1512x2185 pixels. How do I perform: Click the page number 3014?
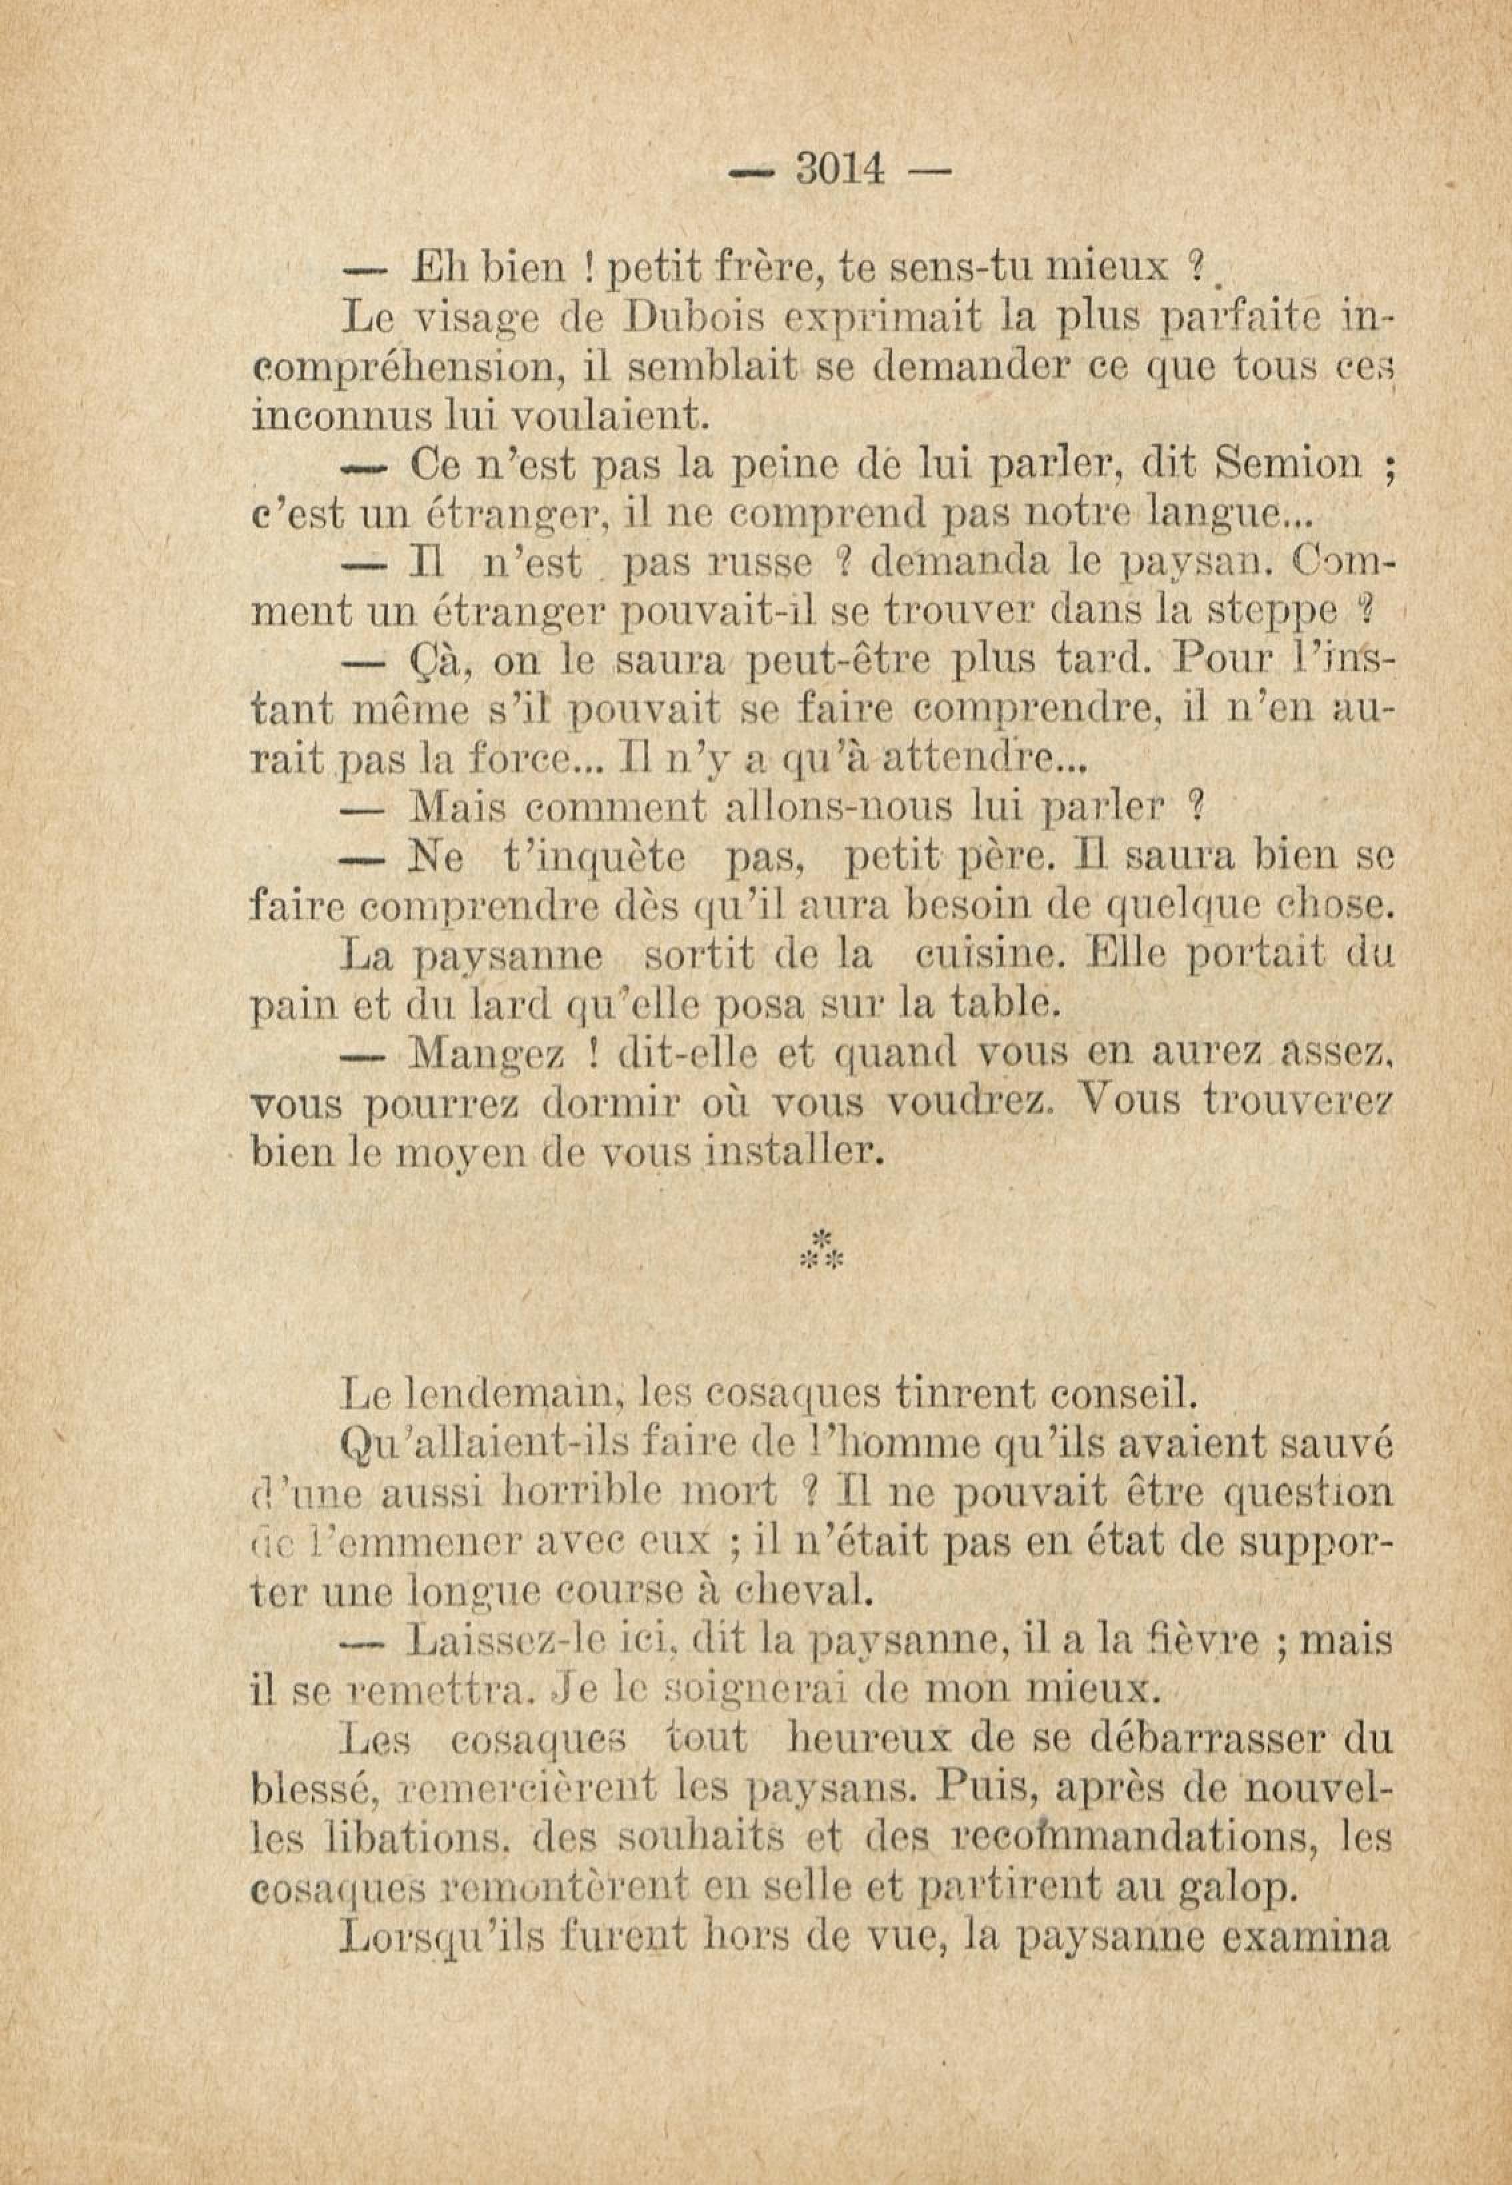click(x=840, y=171)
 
